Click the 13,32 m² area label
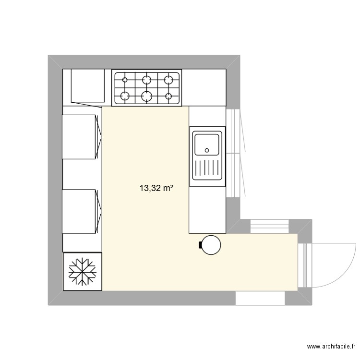(156, 189)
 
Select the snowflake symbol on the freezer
(83, 272)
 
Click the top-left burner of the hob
(125, 79)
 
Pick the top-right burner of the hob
(168, 79)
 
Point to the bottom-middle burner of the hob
(147, 96)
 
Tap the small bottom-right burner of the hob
(168, 96)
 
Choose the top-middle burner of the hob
(147, 79)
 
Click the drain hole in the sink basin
(207, 150)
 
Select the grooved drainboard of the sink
(207, 169)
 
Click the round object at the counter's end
(211, 245)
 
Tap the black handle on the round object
(200, 245)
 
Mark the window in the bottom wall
(260, 298)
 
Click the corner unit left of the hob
(86, 86)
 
